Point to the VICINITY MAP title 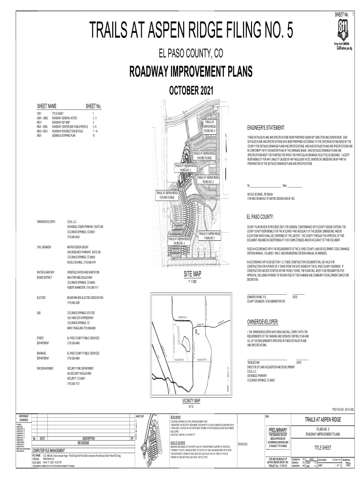point(191,401)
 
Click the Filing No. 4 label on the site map point(209,127)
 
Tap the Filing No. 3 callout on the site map point(180,241)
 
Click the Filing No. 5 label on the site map point(186,167)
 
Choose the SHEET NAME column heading point(47,106)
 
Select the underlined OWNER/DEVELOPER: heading point(263,322)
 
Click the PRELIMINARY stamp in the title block point(279,429)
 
